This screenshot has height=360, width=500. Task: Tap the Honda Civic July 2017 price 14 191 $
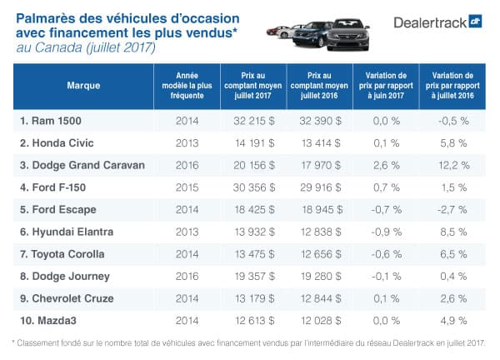(x=253, y=142)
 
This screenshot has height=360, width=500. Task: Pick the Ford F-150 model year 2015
(x=187, y=187)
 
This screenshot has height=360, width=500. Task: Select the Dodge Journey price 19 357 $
(x=253, y=276)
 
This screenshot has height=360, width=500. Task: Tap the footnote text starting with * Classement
(x=250, y=342)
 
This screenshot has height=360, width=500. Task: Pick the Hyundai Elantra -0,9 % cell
(x=385, y=232)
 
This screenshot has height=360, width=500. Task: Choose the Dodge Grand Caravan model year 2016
(x=187, y=165)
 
